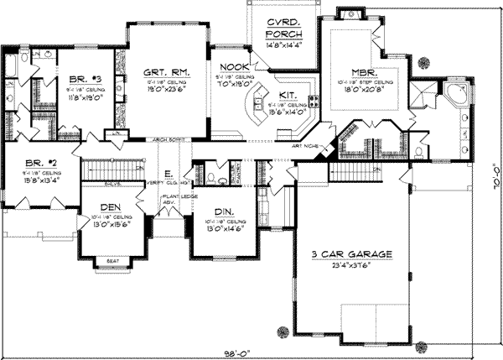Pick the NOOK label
coord(231,67)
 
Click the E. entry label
coord(169,174)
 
